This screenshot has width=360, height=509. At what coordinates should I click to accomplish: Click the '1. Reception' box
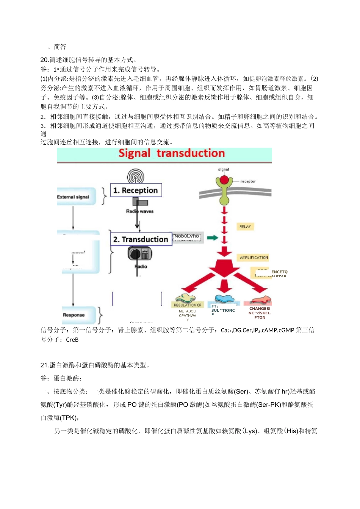pyautogui.click(x=136, y=190)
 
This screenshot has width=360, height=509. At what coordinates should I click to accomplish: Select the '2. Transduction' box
pyautogui.click(x=141, y=239)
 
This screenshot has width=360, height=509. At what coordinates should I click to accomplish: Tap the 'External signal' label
pyautogui.click(x=73, y=197)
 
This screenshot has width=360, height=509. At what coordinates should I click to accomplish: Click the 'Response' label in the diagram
pyautogui.click(x=74, y=315)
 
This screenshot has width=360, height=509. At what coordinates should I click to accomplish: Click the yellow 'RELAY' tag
pyautogui.click(x=245, y=226)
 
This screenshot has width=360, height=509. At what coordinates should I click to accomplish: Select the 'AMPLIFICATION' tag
pyautogui.click(x=254, y=258)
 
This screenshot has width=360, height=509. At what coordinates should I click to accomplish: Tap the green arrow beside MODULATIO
pyautogui.click(x=213, y=238)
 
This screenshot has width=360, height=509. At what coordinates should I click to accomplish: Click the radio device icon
pyautogui.click(x=140, y=253)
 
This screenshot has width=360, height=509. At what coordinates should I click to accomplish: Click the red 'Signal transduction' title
pyautogui.click(x=172, y=153)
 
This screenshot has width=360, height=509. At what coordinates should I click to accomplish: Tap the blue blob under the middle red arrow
pyautogui.click(x=224, y=299)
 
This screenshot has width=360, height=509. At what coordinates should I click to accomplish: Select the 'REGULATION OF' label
pyautogui.click(x=188, y=305)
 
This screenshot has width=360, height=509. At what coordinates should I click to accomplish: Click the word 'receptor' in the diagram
pyautogui.click(x=248, y=181)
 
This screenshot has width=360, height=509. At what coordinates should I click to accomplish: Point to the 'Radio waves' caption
pyautogui.click(x=140, y=211)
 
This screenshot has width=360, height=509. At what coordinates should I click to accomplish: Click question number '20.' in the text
pyautogui.click(x=45, y=60)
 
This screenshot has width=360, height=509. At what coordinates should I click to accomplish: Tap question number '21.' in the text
pyautogui.click(x=45, y=365)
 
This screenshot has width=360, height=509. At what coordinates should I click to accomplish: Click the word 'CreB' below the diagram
pyautogui.click(x=72, y=340)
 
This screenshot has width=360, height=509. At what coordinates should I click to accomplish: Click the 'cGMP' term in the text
pyautogui.click(x=286, y=330)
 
